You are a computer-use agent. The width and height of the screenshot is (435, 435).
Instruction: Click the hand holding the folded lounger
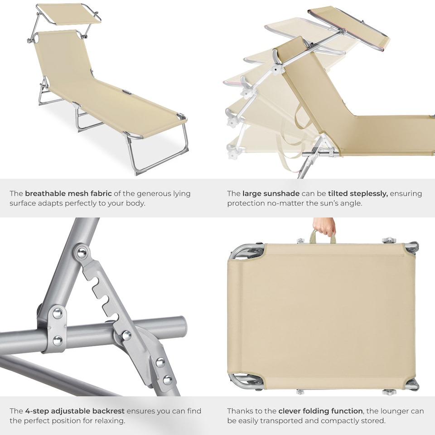(x=324, y=225)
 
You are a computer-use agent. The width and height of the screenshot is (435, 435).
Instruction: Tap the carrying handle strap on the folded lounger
(x=323, y=236)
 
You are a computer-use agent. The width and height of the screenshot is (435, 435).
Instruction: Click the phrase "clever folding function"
(x=320, y=411)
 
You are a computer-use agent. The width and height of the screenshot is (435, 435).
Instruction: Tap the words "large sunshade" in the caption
(x=271, y=193)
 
